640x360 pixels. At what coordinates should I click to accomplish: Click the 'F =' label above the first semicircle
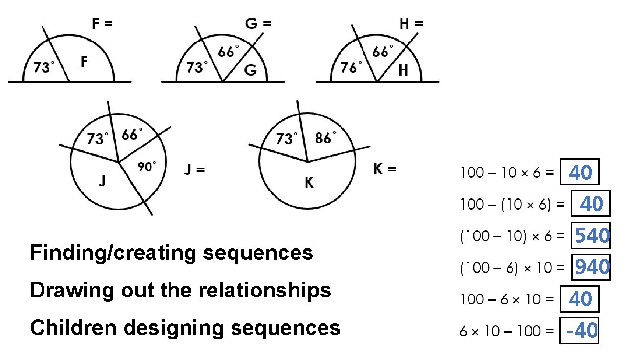tap(103, 23)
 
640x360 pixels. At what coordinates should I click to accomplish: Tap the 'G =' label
tap(258, 23)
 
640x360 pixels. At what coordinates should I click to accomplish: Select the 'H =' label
tap(411, 23)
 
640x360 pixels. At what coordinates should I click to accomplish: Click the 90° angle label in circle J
tap(147, 167)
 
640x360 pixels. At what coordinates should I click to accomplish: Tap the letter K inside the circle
tap(309, 183)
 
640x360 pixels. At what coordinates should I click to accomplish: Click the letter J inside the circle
tap(102, 182)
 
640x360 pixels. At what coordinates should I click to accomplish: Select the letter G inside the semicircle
tap(250, 70)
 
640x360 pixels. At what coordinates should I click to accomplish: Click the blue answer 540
tap(592, 236)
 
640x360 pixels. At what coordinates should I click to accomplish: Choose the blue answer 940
tap(592, 267)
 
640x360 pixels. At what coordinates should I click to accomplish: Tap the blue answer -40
tap(581, 331)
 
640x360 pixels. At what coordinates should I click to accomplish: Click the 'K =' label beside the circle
tap(384, 169)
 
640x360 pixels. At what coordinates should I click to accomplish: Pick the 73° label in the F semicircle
tap(44, 68)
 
